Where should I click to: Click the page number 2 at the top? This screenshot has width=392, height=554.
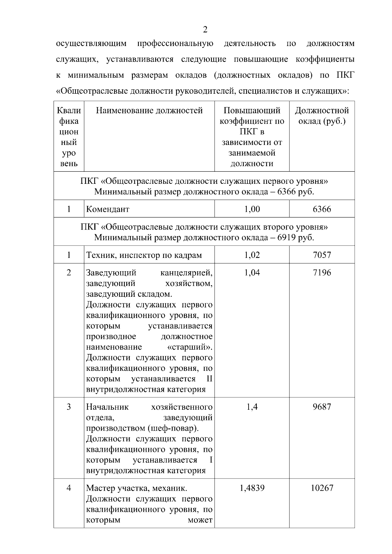click(x=205, y=30)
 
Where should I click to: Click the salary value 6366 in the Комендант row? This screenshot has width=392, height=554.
click(x=321, y=209)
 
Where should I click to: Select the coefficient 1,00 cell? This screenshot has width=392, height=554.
click(x=252, y=209)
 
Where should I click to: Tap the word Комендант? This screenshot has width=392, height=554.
click(x=108, y=209)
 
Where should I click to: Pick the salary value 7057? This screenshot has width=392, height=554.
click(x=321, y=255)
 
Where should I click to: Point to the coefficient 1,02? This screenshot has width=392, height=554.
click(x=252, y=255)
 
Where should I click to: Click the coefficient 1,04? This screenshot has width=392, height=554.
click(x=252, y=273)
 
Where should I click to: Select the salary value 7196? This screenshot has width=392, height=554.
click(x=321, y=273)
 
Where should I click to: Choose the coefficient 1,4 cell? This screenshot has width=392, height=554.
click(x=252, y=407)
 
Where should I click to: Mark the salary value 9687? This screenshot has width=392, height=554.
click(x=321, y=407)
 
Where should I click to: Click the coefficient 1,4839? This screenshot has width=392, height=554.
click(x=252, y=488)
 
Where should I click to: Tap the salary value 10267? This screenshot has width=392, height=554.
click(x=321, y=488)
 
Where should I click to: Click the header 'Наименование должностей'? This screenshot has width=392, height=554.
click(x=149, y=111)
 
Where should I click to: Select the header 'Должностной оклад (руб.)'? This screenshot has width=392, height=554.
click(x=322, y=116)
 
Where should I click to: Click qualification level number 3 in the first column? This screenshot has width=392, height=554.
click(x=69, y=407)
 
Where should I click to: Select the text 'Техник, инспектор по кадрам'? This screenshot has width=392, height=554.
click(x=144, y=255)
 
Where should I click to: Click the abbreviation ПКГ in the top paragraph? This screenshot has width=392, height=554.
click(x=345, y=75)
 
